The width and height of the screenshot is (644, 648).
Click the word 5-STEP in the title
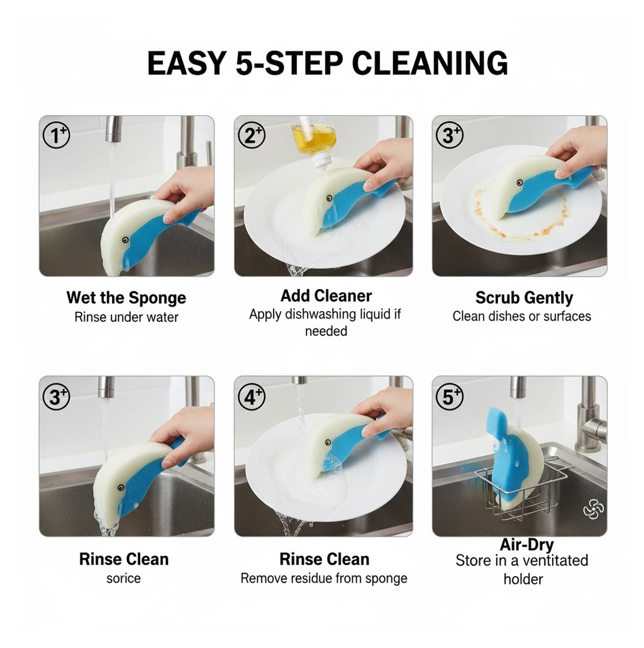click(x=289, y=63)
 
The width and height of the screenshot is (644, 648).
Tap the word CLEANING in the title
click(x=430, y=63)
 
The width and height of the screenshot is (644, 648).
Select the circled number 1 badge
click(x=57, y=135)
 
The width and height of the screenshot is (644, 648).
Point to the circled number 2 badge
click(x=252, y=135)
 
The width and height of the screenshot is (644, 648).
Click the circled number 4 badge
click(x=252, y=396)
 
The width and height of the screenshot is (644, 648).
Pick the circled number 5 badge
click(x=450, y=396)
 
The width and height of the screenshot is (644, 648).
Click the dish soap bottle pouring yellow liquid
click(x=314, y=140)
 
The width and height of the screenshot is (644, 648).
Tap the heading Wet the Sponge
click(x=126, y=297)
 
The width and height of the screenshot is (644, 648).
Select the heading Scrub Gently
click(x=524, y=297)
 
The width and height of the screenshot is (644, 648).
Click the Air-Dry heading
click(x=526, y=544)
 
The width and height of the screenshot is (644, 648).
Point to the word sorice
click(x=123, y=578)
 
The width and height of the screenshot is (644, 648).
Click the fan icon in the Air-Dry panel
click(x=593, y=509)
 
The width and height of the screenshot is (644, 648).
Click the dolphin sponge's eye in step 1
click(x=125, y=240)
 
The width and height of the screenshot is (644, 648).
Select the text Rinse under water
click(x=126, y=317)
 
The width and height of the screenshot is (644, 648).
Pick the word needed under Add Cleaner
click(x=326, y=331)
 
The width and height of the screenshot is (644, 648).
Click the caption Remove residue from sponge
click(x=324, y=578)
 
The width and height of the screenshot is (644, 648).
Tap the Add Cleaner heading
click(x=326, y=296)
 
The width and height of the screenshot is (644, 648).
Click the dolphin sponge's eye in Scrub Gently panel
click(x=518, y=183)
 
